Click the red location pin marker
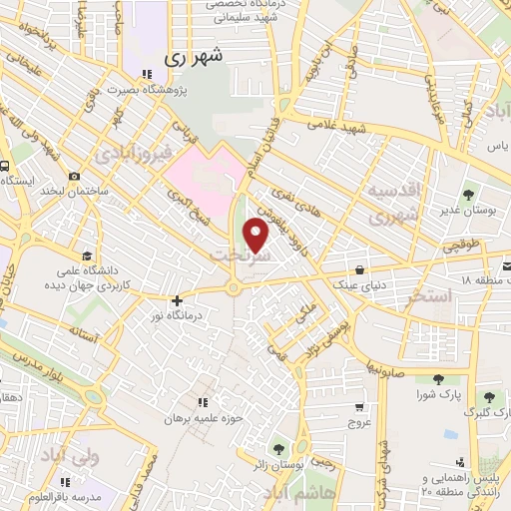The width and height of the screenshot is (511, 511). point(256,236)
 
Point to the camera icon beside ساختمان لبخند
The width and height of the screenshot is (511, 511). point(75,177)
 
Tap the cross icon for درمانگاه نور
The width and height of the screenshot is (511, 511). point(177,300)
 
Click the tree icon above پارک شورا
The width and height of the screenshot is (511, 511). point(438,378)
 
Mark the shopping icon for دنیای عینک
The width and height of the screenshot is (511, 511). point(358,269)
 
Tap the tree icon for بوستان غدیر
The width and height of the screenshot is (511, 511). point(469,195)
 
